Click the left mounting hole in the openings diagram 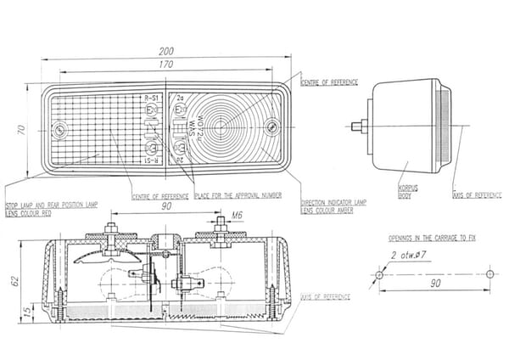coord(380,274)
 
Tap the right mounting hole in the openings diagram coord(490,274)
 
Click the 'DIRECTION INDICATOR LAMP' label coord(333,203)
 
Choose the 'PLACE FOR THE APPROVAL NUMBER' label coord(238,197)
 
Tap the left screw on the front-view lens coord(59,130)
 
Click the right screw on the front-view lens coord(271,127)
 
